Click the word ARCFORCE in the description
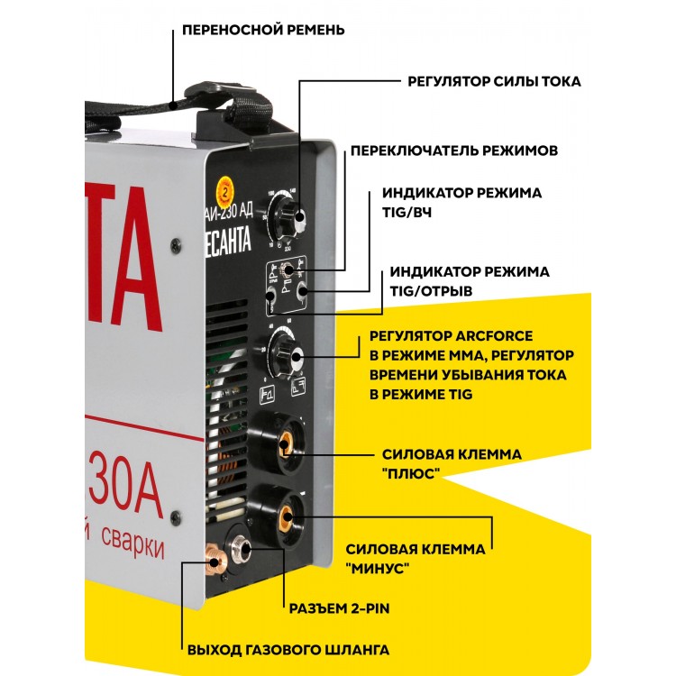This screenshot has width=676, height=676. (x=500, y=337)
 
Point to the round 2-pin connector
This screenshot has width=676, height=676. (x=244, y=548)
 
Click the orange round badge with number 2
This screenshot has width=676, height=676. (x=220, y=189)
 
